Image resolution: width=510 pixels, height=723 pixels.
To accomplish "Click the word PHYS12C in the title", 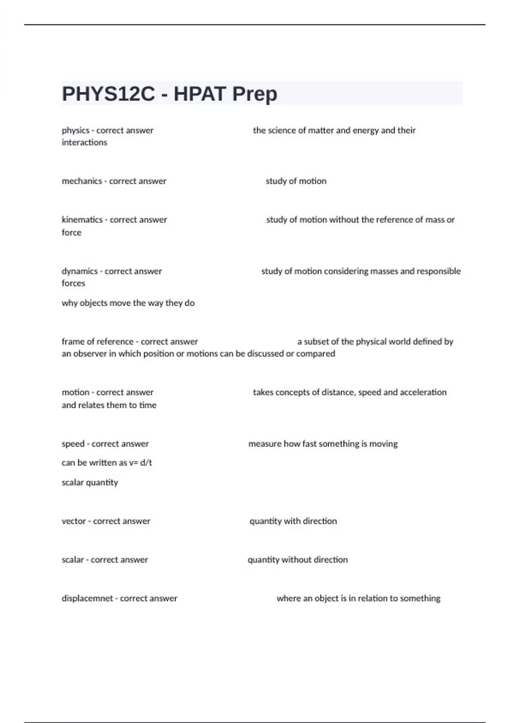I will (x=108, y=94).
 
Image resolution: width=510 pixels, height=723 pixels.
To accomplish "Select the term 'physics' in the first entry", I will (x=76, y=131).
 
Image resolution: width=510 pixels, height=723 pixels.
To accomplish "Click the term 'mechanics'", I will (x=82, y=181).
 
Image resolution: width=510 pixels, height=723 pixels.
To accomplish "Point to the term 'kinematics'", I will (x=82, y=220).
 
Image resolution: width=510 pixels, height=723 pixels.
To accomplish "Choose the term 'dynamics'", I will (x=79, y=271).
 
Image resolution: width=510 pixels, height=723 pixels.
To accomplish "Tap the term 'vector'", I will (x=74, y=521).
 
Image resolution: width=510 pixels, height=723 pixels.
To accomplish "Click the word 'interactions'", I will (x=84, y=142).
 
